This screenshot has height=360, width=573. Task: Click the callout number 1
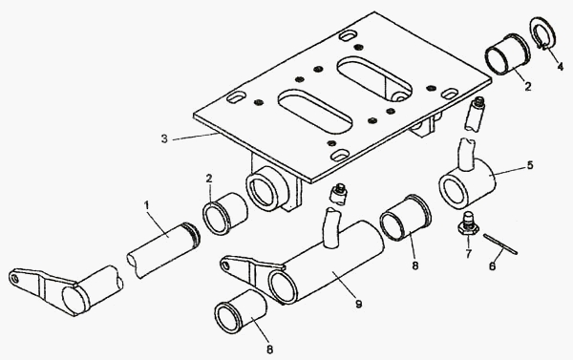tap(147, 206)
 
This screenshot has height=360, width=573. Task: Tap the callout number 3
tap(164, 138)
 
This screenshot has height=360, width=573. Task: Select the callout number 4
tap(561, 67)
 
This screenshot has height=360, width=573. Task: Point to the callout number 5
tap(530, 165)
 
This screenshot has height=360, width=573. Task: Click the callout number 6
tap(492, 266)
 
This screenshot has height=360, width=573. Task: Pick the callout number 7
tap(469, 253)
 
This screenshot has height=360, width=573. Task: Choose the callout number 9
tap(359, 304)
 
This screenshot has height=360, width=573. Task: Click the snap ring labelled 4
tap(542, 33)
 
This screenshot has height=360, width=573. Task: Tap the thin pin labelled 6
tap(500, 244)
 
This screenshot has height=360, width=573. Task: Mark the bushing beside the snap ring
tap(508, 54)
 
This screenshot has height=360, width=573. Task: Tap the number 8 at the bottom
tap(269, 349)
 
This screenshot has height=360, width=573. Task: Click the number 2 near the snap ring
tap(528, 87)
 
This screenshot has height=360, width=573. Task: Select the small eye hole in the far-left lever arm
tap(15, 279)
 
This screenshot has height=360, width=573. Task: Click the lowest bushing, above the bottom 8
tap(241, 311)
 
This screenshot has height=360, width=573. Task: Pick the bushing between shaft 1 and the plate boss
tap(225, 214)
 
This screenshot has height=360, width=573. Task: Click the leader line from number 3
tap(196, 137)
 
